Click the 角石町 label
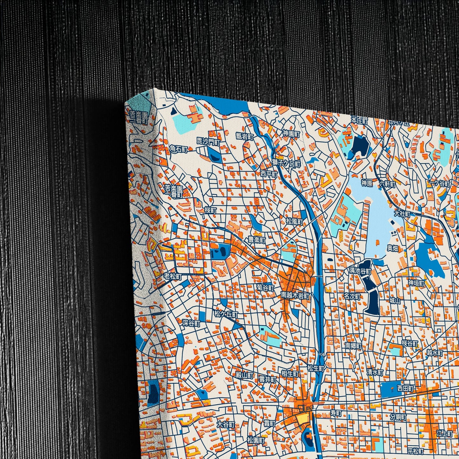179,149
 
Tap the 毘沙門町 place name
208,142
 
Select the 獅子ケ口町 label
286,164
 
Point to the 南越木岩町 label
295,295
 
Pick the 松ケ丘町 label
226,314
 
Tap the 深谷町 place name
191,323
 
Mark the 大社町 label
402,214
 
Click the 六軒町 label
387,184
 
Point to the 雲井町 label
267,380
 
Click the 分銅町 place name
398,417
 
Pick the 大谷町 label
226,424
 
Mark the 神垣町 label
416,282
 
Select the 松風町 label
294,221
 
